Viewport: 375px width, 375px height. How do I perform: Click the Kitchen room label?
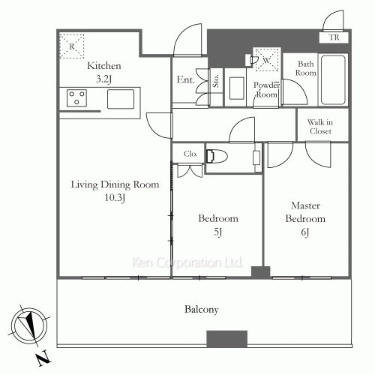[104, 66]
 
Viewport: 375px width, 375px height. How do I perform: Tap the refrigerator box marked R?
[72, 46]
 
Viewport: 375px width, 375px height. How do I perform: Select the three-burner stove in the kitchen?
[76, 98]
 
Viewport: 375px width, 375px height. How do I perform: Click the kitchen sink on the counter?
[121, 99]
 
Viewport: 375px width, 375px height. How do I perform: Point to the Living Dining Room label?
[115, 184]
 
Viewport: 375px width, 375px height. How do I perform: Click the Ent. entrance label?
[185, 79]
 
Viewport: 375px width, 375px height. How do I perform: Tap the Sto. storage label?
[216, 81]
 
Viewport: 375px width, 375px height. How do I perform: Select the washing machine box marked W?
[267, 60]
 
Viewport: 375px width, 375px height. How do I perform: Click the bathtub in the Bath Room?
[333, 80]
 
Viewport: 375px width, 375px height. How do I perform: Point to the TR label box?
[334, 37]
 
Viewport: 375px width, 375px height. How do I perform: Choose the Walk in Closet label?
[320, 127]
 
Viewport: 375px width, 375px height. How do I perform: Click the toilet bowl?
[217, 157]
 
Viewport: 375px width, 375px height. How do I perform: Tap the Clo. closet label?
[190, 154]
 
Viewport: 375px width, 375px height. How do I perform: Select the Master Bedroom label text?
[305, 212]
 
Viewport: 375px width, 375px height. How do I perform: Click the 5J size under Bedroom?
[218, 232]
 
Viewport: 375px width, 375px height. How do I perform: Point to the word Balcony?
[202, 310]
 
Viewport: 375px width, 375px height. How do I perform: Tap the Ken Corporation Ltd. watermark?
[187, 262]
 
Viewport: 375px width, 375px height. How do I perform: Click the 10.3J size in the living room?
[115, 198]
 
